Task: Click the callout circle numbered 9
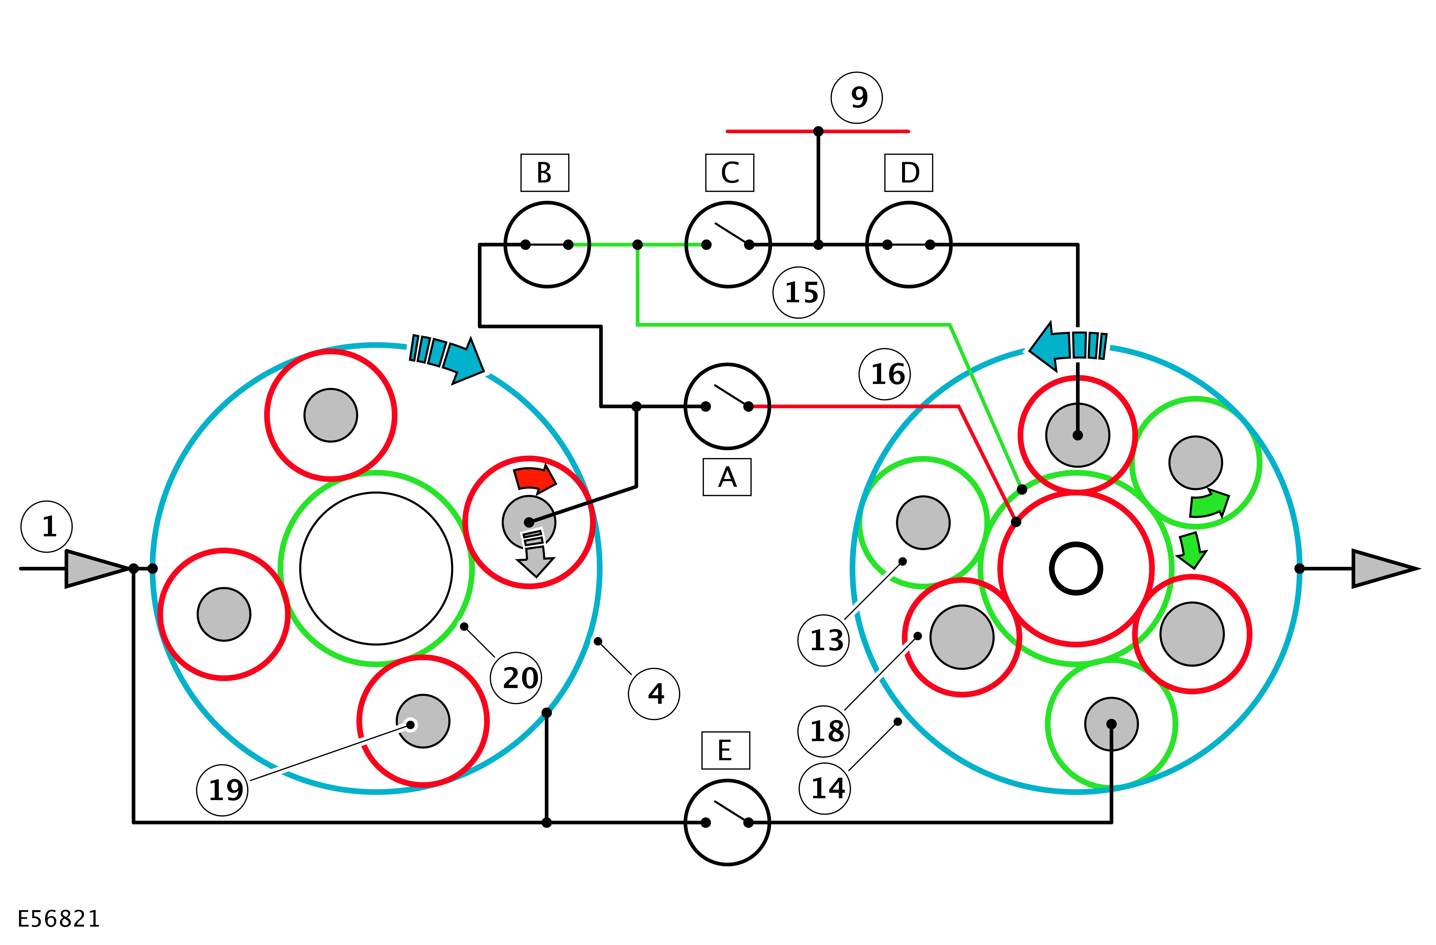(857, 98)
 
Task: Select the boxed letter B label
(544, 173)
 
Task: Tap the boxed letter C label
(729, 173)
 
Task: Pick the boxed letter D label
(909, 173)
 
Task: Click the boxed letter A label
(727, 477)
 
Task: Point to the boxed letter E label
(725, 751)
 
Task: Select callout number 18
(824, 731)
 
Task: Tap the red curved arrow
(534, 479)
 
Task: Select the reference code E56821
(59, 919)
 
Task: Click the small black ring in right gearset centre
(1076, 569)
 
